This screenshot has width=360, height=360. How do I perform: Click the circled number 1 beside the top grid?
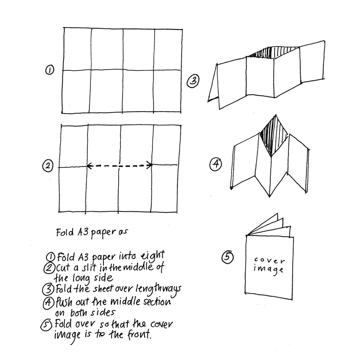(x=48, y=70)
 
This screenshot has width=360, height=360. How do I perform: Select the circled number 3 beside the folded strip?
(x=193, y=81)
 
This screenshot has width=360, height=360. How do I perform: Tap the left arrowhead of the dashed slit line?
(x=89, y=166)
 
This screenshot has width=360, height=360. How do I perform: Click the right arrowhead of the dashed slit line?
(x=149, y=166)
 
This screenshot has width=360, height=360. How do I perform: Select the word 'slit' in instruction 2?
(x=90, y=268)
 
